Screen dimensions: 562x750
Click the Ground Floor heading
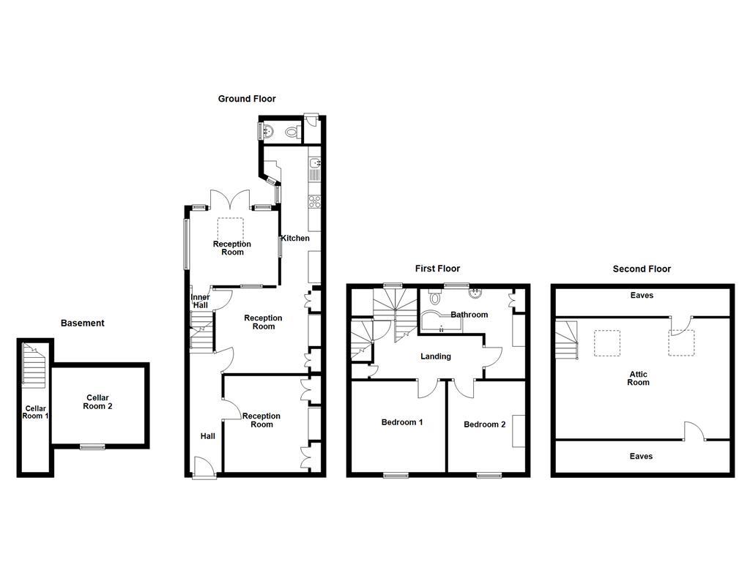point(247,99)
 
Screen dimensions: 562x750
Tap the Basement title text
point(82,323)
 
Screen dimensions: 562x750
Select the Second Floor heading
point(642,269)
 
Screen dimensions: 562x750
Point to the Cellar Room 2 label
point(97,402)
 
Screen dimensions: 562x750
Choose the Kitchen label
point(297,238)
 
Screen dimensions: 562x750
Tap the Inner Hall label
point(201,301)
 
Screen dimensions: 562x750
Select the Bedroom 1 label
point(402,422)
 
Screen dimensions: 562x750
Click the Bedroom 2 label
point(484,424)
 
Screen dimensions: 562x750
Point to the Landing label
point(435,356)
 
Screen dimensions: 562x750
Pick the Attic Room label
point(638,378)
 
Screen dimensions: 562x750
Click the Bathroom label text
point(469,315)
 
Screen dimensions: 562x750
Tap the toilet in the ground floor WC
point(292,132)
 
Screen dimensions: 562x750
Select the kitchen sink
point(315,170)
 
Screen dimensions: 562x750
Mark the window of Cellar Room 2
point(92,446)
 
